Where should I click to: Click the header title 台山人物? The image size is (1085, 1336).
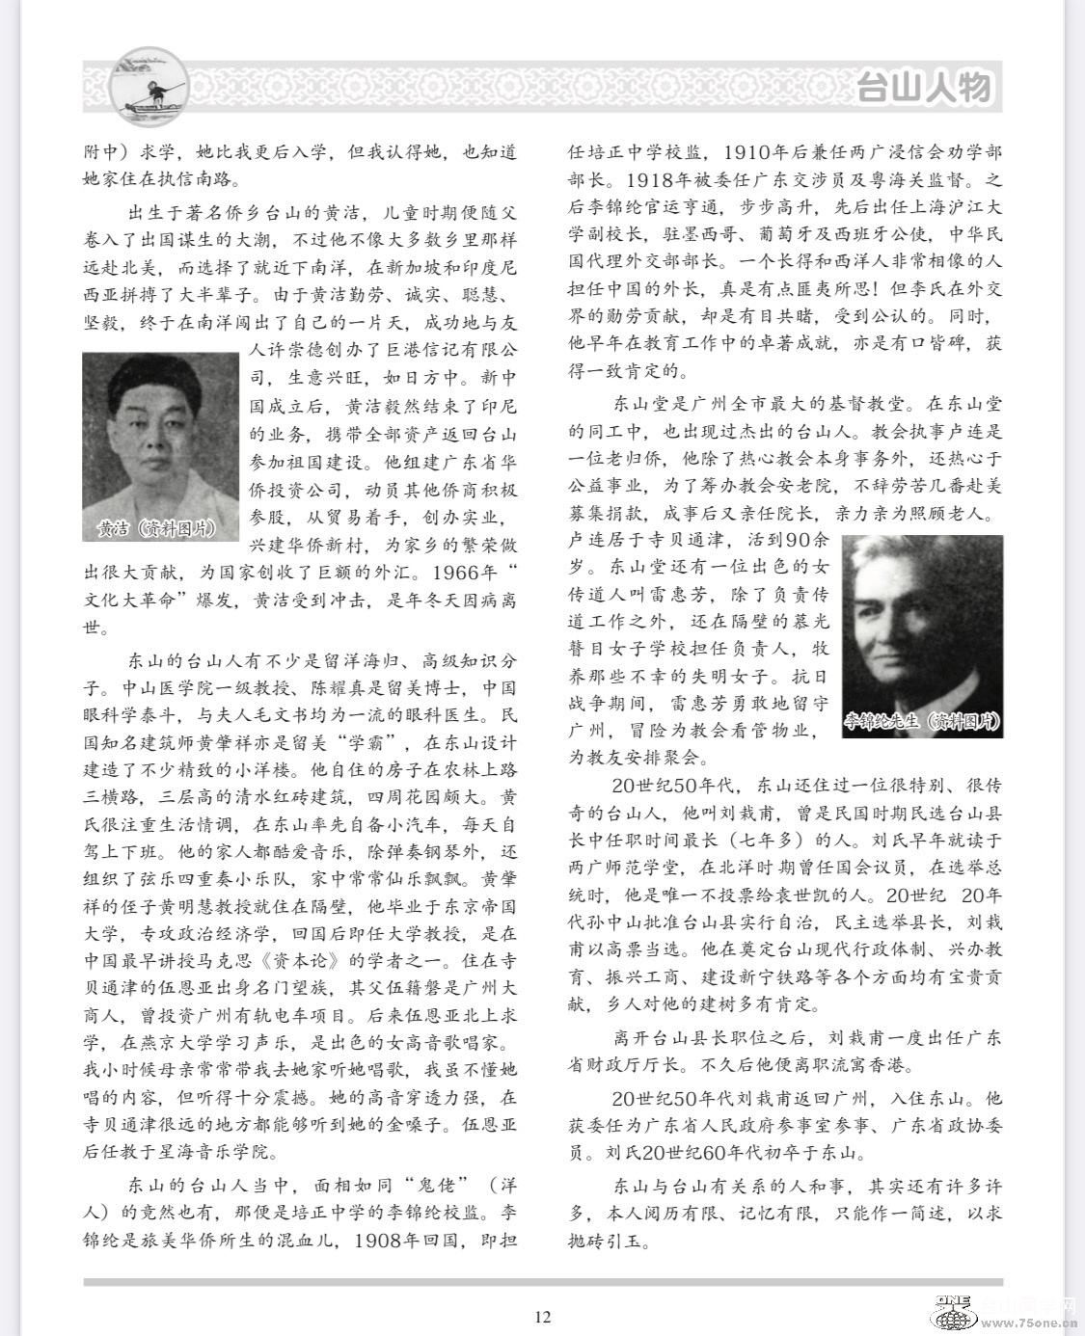924,88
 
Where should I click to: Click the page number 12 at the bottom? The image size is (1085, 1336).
542,1318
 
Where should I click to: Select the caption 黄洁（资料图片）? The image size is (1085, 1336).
155,529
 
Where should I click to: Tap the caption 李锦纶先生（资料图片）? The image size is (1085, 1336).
922,722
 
